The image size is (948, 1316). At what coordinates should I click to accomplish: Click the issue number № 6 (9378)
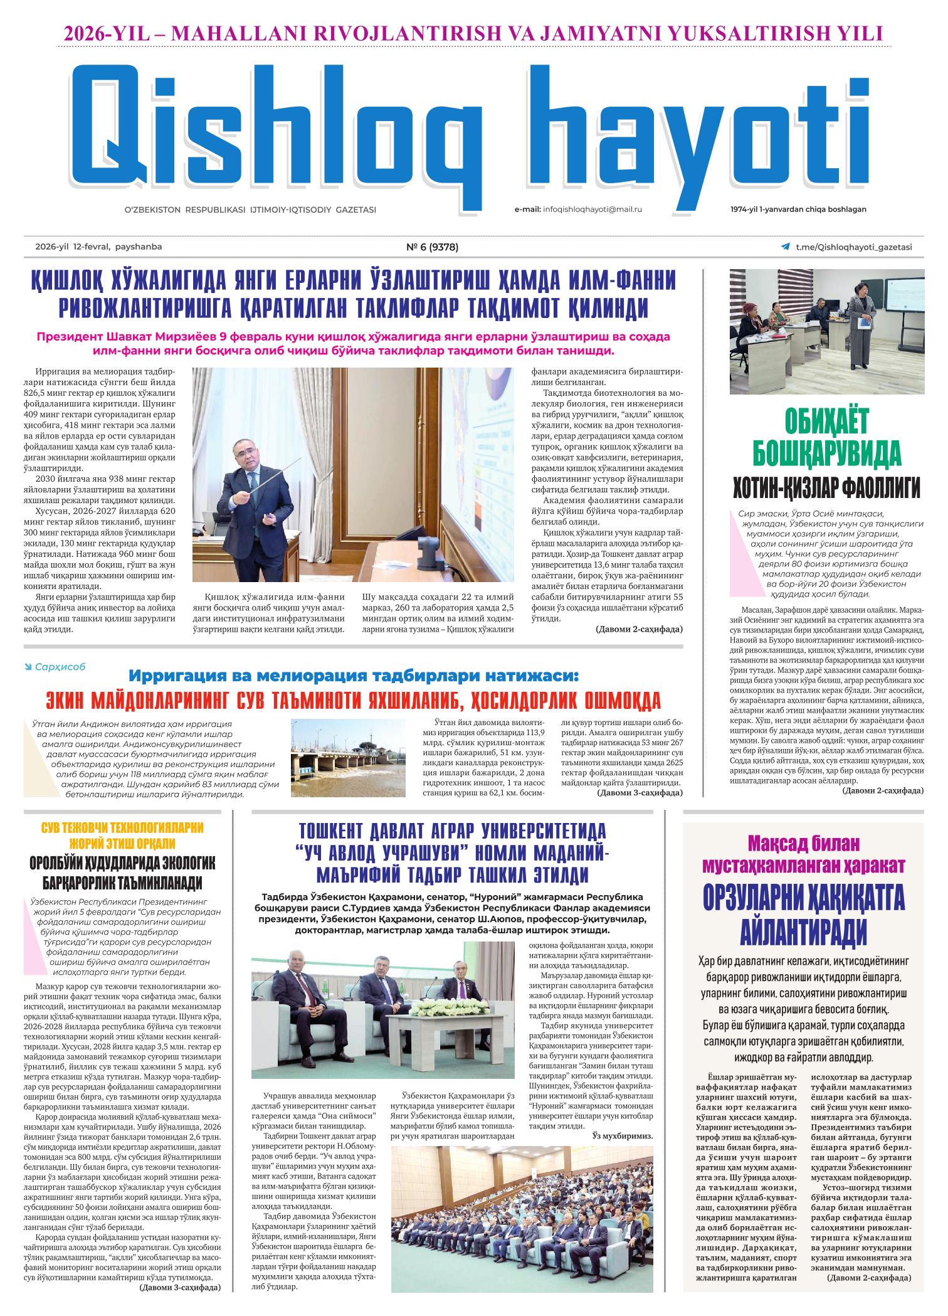(433, 247)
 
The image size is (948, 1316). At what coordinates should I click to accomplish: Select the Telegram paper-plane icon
(785, 247)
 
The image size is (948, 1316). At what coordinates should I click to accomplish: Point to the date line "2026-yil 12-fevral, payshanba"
(98, 247)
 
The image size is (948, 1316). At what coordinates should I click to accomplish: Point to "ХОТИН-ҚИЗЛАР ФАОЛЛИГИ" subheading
(827, 486)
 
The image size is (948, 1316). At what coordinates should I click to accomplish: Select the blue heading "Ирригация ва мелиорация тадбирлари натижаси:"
(354, 676)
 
